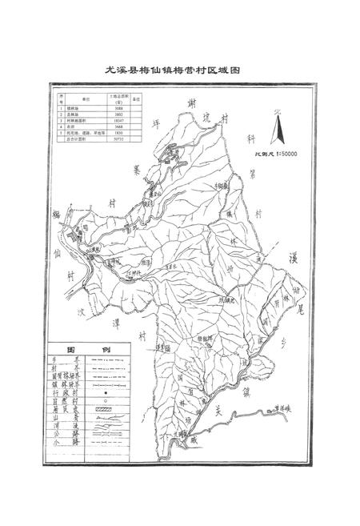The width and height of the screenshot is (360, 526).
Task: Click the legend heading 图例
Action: coord(88,351)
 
